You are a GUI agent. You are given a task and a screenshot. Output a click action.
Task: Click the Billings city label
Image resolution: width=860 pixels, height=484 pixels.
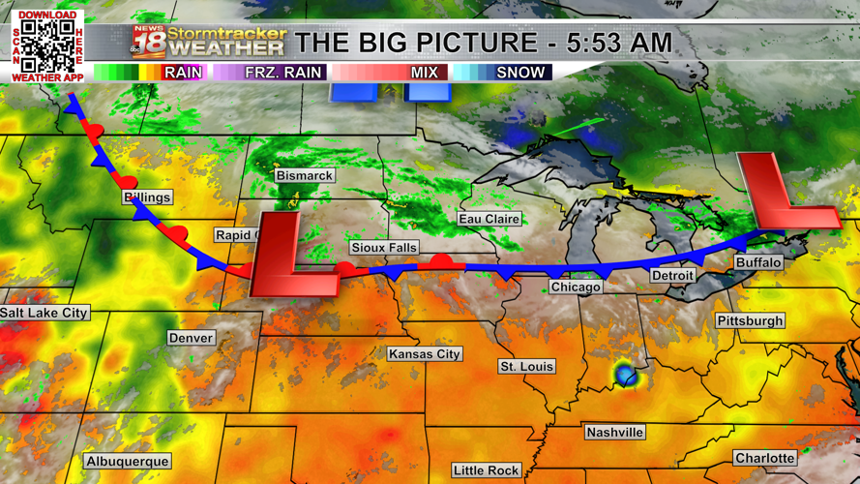[x=147, y=197]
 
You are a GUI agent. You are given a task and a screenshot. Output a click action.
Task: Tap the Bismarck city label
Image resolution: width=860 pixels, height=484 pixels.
[x=304, y=176]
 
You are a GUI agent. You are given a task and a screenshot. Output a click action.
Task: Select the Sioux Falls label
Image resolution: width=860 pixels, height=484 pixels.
[x=384, y=248]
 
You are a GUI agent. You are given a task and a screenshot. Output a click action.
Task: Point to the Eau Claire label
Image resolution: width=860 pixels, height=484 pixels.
[x=489, y=220]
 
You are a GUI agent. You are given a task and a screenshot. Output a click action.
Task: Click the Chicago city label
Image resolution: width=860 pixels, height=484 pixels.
[x=576, y=287]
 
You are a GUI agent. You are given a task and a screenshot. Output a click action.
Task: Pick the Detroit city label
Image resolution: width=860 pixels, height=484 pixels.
[x=672, y=276]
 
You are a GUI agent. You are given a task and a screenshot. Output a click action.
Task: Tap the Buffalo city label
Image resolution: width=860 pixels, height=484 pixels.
[x=758, y=263]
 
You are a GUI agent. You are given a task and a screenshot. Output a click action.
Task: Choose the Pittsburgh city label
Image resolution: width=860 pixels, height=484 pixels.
[x=750, y=321]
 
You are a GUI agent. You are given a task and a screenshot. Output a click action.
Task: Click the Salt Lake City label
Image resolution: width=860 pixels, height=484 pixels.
[x=44, y=314]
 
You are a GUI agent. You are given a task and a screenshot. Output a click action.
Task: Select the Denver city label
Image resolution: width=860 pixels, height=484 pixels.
[x=191, y=338]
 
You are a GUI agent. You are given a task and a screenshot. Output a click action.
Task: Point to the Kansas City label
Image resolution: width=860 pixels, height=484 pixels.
[x=424, y=354]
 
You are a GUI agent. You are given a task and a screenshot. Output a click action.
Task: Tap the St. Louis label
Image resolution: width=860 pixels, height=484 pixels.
[x=526, y=367]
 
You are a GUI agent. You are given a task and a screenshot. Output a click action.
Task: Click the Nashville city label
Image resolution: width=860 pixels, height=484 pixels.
[x=614, y=433]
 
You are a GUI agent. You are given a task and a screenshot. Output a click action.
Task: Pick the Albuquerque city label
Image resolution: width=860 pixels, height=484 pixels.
[x=128, y=462]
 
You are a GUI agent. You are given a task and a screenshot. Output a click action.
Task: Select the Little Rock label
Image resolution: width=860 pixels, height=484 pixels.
[x=486, y=470]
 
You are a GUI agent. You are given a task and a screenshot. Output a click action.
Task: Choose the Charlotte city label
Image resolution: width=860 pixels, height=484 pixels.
[x=764, y=458]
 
